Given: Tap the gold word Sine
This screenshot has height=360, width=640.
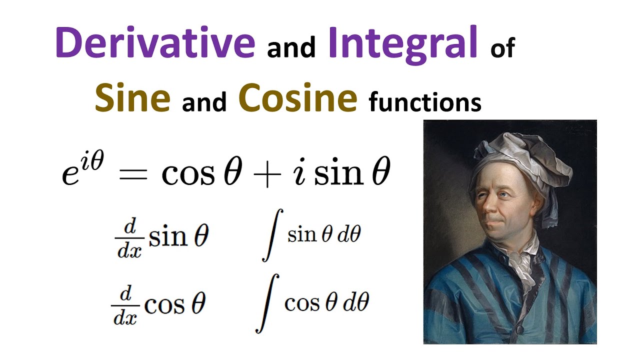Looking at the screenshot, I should [132, 98].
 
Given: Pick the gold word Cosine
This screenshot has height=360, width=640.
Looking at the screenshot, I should [298, 98].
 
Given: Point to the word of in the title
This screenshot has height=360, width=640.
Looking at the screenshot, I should [502, 49].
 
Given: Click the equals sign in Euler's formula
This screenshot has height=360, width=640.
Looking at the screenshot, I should [134, 175].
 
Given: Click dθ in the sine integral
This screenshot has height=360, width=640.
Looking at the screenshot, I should [348, 235].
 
